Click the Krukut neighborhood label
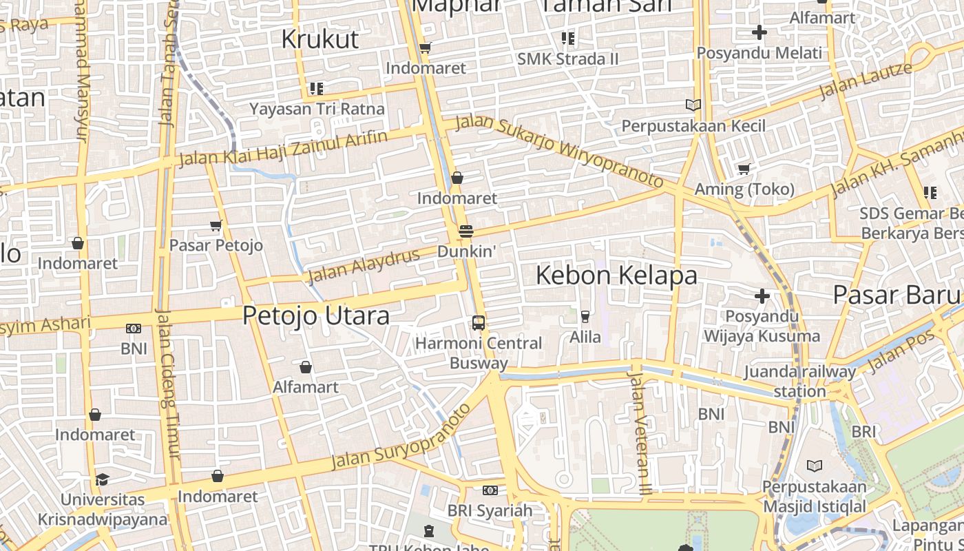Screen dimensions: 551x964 (320, 39)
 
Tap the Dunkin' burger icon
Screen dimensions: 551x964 (466, 231)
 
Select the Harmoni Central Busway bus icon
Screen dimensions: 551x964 (478, 322)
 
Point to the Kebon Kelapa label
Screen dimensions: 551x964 (616, 275)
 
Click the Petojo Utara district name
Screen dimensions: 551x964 (316, 315)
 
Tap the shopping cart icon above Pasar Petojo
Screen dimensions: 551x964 (216, 225)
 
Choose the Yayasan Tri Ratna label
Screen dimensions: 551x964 (317, 109)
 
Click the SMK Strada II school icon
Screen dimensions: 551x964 (567, 38)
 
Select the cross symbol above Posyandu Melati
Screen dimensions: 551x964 (759, 32)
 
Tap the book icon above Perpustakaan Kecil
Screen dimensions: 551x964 (693, 105)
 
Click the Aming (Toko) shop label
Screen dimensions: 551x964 (744, 189)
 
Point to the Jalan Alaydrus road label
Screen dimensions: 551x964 (364, 265)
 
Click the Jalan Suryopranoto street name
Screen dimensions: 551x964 (401, 438)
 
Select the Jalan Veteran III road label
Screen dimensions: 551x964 (640, 433)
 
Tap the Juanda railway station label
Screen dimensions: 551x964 (799, 382)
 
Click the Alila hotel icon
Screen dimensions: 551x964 (585, 317)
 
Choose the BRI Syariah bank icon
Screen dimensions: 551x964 (490, 490)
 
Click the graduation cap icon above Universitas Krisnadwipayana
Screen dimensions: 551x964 (102, 479)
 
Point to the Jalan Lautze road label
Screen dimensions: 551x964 (866, 81)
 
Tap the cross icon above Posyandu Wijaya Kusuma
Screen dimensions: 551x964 (762, 296)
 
